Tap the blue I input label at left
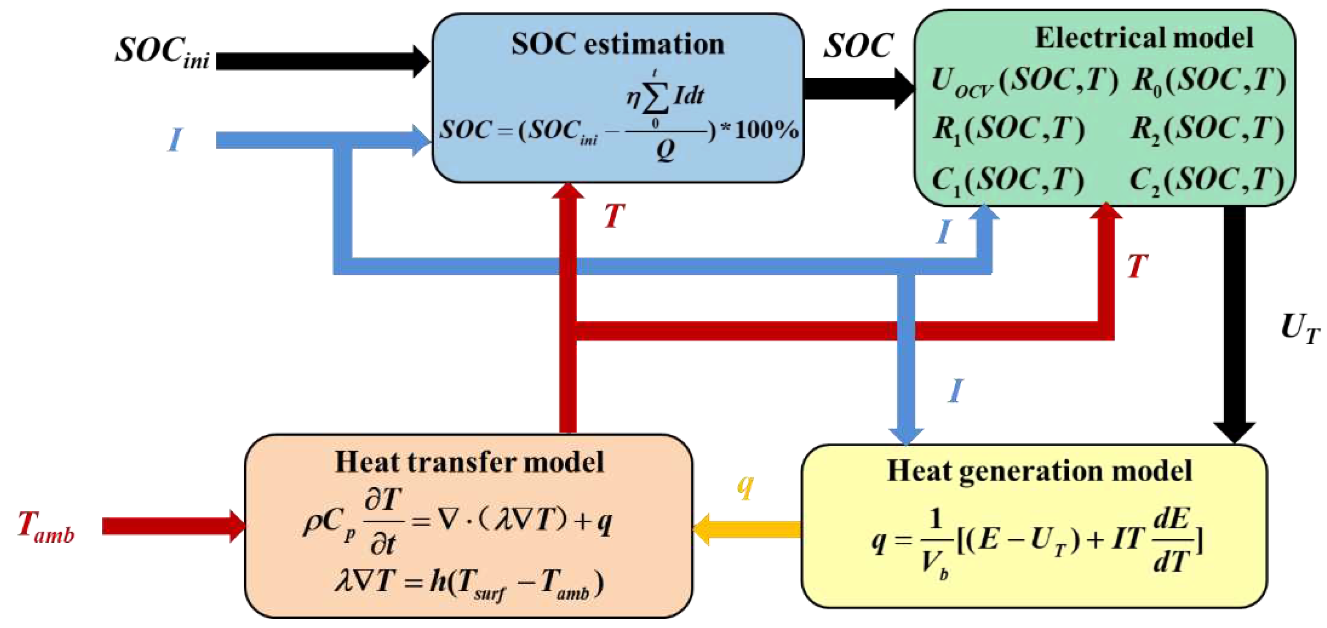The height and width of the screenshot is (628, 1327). coord(175,139)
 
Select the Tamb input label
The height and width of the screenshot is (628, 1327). coord(46,527)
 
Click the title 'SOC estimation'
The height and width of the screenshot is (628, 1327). coord(618,44)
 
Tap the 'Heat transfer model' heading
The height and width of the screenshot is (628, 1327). coord(469,462)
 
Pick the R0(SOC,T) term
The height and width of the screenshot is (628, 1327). coord(1208,81)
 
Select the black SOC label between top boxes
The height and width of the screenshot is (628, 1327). coord(858,46)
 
